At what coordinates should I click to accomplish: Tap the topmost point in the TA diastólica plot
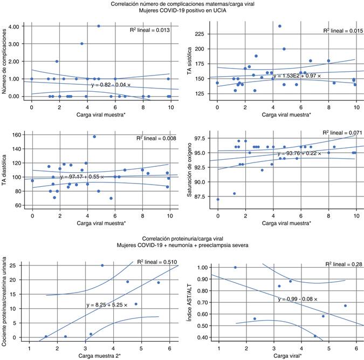94,137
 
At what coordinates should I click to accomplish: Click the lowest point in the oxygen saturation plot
218,199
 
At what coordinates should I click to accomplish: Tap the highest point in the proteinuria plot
102,266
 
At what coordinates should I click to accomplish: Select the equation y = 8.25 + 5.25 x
107,305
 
